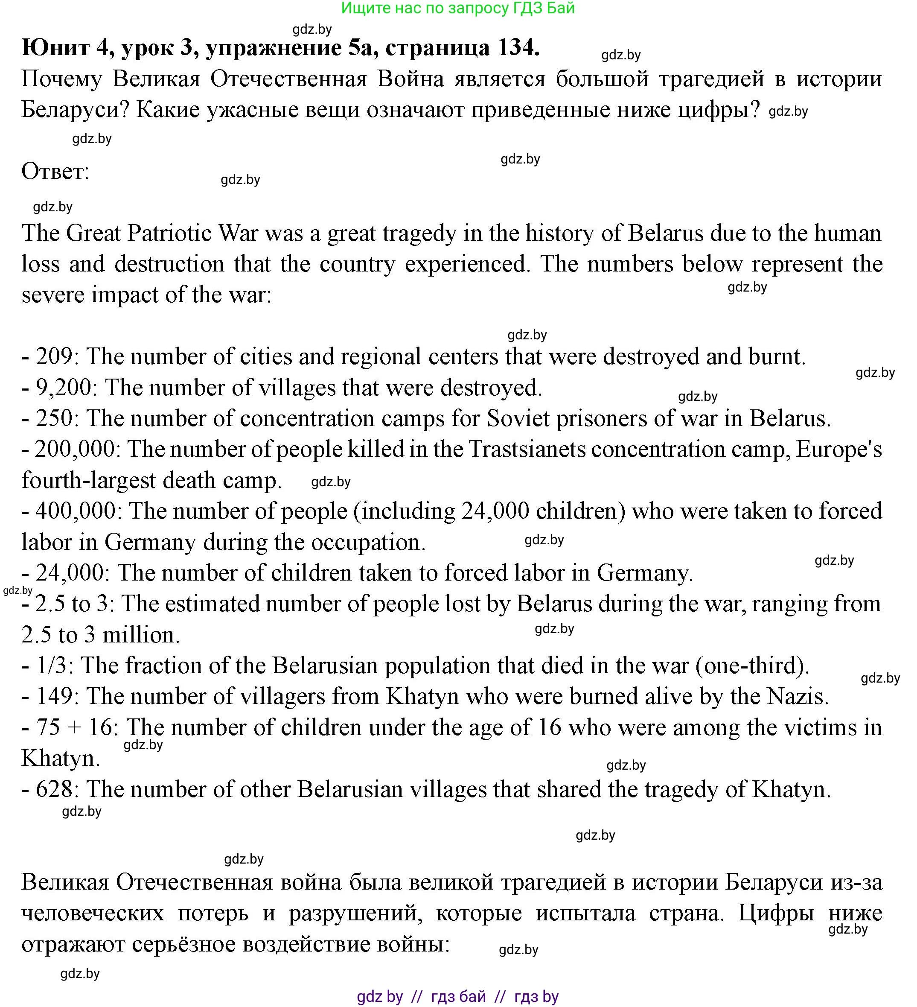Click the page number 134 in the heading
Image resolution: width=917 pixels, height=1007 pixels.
click(x=515, y=47)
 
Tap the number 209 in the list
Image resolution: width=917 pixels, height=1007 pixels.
click(x=54, y=356)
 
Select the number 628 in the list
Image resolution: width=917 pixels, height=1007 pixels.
click(x=54, y=790)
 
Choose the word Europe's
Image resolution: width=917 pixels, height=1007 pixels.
click(x=838, y=449)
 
